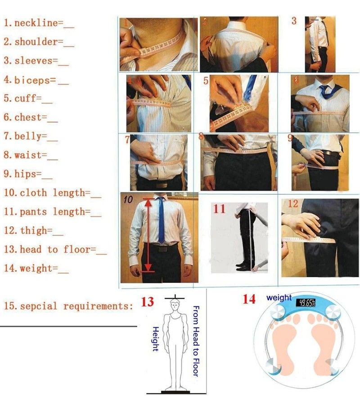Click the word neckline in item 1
pyautogui.click(x=36, y=23)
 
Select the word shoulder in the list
pyautogui.click(x=36, y=42)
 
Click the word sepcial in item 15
pyautogui.click(x=39, y=306)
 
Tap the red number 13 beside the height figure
pyautogui.click(x=148, y=302)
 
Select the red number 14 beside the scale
pyautogui.click(x=249, y=299)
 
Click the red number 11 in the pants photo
pyautogui.click(x=219, y=209)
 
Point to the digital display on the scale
pyautogui.click(x=306, y=303)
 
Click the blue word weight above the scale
pyautogui.click(x=279, y=297)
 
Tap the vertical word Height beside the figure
pyautogui.click(x=155, y=339)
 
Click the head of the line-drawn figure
pyautogui.click(x=175, y=305)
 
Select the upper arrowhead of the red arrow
pyautogui.click(x=148, y=202)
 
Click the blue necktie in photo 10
pyautogui.click(x=162, y=220)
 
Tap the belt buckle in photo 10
pyautogui.click(x=163, y=249)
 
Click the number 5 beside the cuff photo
pyautogui.click(x=206, y=81)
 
